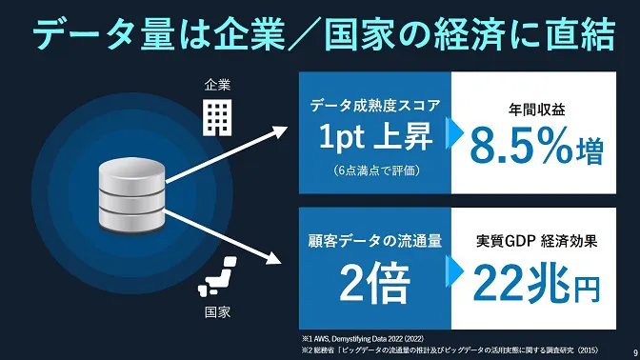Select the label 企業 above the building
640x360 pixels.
tap(217, 85)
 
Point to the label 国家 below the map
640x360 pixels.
tap(217, 311)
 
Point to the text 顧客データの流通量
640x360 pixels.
tap(375, 241)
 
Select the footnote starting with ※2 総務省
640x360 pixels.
tap(448, 349)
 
